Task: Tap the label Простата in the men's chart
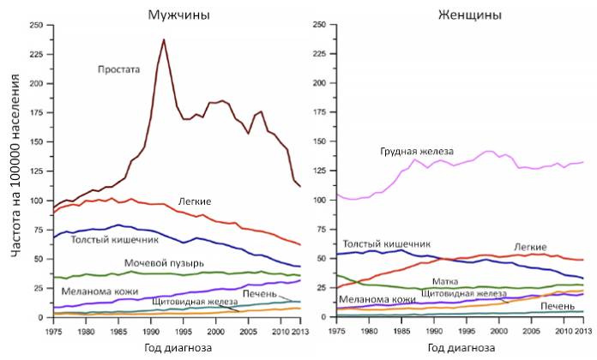[118, 70]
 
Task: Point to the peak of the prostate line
[164, 39]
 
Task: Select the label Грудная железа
[416, 151]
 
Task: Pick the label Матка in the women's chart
[444, 280]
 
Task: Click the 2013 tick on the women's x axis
[582, 330]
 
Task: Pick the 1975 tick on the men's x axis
[53, 330]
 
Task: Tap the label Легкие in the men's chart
[195, 201]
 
